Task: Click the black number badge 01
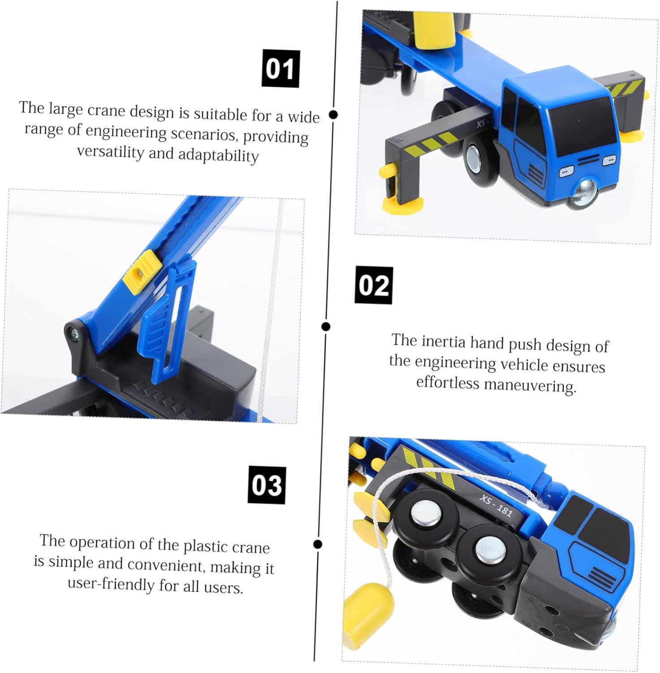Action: coord(280,69)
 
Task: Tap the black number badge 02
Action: coord(374,285)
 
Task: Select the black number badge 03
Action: coord(267,485)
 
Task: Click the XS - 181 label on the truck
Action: coord(496,505)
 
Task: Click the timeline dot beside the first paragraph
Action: coord(333,114)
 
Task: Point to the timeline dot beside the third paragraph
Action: coord(318,544)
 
